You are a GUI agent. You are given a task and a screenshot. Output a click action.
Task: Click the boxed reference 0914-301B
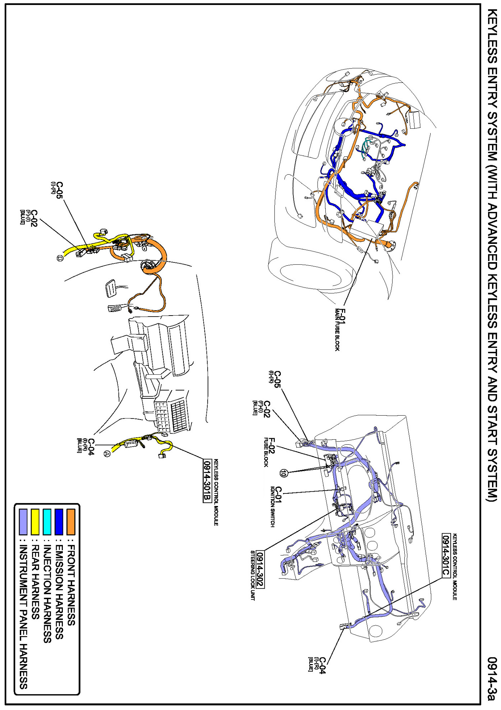tap(207, 481)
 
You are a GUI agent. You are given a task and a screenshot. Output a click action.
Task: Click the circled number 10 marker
tap(284, 473)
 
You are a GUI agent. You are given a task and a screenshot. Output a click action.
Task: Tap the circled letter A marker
tap(107, 454)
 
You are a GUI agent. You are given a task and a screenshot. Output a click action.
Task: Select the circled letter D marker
tap(60, 258)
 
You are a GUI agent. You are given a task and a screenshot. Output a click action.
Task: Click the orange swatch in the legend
tap(71, 521)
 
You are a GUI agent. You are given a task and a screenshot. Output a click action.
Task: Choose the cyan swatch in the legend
tap(47, 521)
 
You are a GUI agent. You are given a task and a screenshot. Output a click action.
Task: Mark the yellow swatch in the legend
tap(35, 521)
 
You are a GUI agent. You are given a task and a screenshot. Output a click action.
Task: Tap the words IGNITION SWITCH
tap(272, 507)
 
